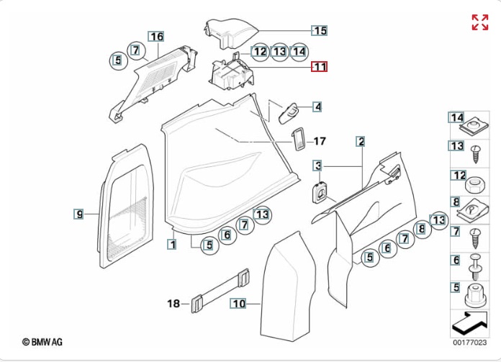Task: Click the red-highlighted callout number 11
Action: (319, 67)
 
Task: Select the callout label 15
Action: (319, 30)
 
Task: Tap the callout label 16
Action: (156, 36)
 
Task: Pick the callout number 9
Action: (80, 213)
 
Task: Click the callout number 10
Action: (238, 304)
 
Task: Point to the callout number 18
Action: (173, 304)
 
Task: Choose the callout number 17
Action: (320, 141)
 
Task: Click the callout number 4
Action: (317, 107)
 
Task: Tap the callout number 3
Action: (317, 166)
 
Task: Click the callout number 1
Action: (171, 244)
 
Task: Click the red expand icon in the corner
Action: (479, 22)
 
